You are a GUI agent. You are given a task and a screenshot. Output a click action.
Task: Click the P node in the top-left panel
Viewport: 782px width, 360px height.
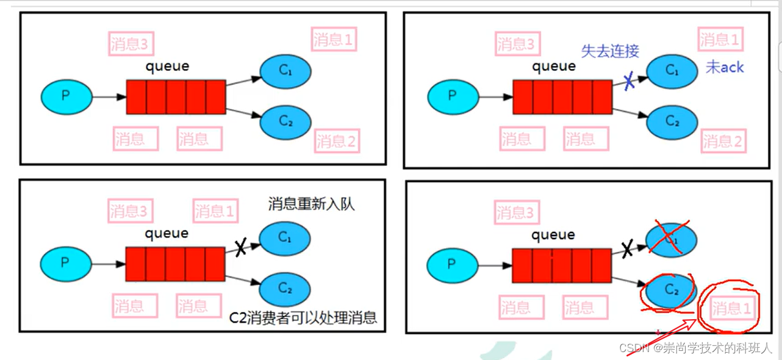coord(66,96)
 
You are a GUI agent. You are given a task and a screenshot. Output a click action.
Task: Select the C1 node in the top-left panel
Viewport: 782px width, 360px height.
coord(285,71)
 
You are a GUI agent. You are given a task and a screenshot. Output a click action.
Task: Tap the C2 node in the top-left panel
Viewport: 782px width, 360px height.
coord(285,121)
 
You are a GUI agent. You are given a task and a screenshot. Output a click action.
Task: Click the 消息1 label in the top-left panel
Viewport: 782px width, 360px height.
coord(333,40)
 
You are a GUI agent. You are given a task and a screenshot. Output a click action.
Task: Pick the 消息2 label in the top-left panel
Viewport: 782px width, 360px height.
coord(336,142)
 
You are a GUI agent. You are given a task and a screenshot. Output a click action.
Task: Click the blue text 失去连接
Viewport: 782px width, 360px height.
coord(610,51)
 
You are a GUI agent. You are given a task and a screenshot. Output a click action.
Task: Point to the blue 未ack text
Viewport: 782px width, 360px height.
coord(725,68)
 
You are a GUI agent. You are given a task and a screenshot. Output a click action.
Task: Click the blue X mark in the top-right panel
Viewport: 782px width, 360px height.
coord(629,82)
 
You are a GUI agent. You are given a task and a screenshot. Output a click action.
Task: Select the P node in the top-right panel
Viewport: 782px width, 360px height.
coord(453,96)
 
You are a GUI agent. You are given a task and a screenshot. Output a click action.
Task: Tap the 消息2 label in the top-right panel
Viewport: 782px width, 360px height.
coord(723,142)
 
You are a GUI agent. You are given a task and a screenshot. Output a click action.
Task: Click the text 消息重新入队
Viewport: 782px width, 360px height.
coord(311,204)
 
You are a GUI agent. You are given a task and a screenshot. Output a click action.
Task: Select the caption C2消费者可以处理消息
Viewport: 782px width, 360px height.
coord(303,317)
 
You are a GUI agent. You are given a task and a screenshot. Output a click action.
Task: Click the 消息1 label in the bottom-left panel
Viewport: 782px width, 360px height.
coord(215,211)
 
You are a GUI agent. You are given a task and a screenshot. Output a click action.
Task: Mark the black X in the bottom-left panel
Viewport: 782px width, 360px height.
coord(240,247)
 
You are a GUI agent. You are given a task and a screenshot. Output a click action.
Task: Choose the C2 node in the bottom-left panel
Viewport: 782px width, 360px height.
coord(285,288)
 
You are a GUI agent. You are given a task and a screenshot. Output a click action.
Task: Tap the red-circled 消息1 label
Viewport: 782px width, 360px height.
coord(731,309)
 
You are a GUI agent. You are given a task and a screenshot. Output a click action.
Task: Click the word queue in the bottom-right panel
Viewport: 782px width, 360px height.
coord(553,235)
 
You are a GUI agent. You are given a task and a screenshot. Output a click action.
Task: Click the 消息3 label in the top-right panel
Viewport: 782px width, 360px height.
coord(515,45)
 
